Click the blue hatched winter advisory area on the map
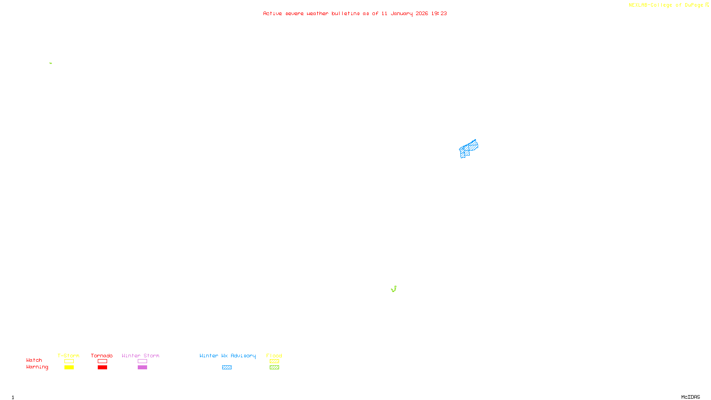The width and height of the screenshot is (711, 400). [468, 148]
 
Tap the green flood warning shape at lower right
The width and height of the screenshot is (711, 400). [394, 289]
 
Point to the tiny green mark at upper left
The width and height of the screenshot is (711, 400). [51, 63]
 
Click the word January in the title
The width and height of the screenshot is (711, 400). [401, 13]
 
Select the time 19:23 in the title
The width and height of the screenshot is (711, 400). [439, 13]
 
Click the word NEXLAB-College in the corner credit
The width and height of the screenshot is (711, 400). [650, 5]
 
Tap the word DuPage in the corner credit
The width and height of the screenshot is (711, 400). [694, 5]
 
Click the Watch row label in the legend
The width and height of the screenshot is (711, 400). [34, 360]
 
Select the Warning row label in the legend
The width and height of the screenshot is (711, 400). [37, 367]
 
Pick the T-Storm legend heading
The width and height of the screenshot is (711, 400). [68, 356]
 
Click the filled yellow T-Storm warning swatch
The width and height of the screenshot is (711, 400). [69, 368]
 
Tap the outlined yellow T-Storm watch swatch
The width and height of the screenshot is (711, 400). [69, 361]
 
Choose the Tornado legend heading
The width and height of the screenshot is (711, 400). [102, 356]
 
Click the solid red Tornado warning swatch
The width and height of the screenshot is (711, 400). [102, 368]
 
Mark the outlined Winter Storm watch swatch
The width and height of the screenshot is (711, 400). [142, 361]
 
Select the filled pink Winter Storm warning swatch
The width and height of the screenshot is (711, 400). [142, 368]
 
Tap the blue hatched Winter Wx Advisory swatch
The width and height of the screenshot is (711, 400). [227, 368]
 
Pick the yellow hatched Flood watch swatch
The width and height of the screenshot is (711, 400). [274, 361]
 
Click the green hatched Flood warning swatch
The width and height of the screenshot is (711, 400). [274, 368]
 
